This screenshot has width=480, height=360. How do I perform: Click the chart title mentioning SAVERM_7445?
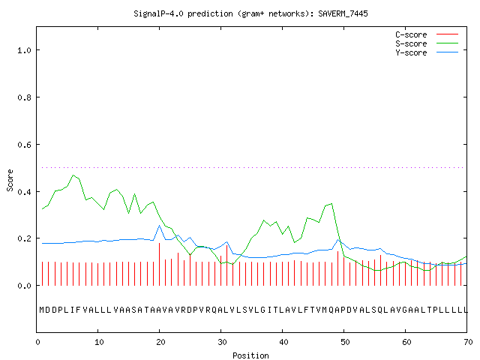click(x=250, y=13)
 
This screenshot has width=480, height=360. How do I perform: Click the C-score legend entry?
click(x=427, y=34)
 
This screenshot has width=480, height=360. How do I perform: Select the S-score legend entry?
click(x=427, y=43)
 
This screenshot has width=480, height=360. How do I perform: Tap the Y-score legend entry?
click(x=427, y=52)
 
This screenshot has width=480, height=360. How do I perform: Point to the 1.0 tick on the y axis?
click(x=24, y=50)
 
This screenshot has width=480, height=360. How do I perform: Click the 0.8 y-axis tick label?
click(x=24, y=97)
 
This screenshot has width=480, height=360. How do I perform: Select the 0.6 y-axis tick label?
click(x=24, y=145)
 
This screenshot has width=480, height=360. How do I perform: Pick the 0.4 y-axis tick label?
click(x=24, y=192)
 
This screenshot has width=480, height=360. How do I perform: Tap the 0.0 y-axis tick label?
click(x=24, y=286)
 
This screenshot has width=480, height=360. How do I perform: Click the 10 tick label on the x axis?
click(x=99, y=342)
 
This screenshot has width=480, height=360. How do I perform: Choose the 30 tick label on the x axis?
click(x=222, y=342)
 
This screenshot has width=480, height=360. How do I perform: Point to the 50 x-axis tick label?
click(x=345, y=342)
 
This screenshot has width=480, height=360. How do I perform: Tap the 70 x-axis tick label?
click(x=468, y=342)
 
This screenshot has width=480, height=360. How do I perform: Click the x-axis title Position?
click(x=250, y=355)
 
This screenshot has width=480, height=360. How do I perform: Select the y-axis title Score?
click(x=10, y=180)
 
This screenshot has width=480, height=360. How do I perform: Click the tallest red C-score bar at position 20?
click(x=159, y=264)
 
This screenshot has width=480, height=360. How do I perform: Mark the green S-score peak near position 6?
click(x=73, y=175)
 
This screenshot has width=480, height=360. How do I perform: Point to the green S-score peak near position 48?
click(x=331, y=203)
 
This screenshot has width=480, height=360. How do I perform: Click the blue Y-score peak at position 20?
click(x=159, y=226)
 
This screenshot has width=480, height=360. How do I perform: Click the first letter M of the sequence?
click(x=42, y=310)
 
